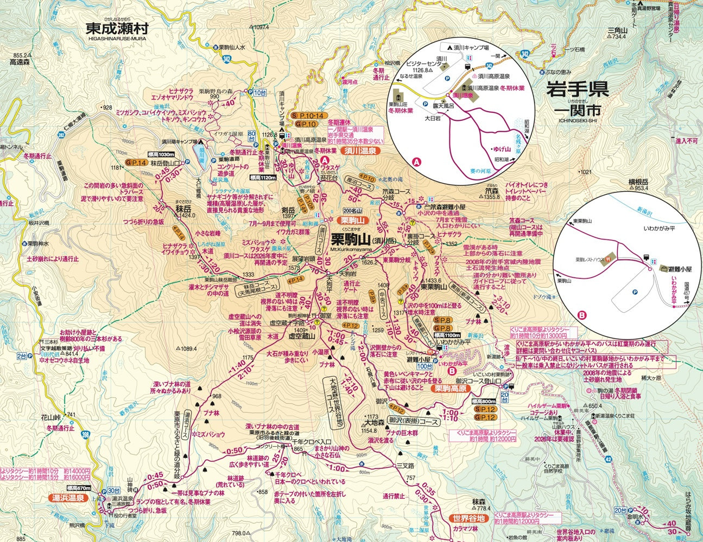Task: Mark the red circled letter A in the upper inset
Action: (x=417, y=162)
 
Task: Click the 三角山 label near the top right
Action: (x=617, y=31)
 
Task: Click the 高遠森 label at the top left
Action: (x=21, y=62)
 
